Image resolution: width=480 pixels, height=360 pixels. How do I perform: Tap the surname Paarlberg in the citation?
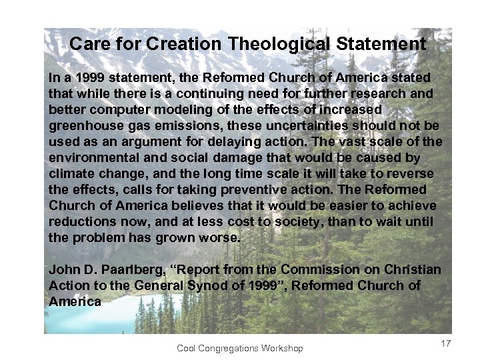point(134,269)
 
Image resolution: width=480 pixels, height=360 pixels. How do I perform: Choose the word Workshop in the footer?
point(283,348)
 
